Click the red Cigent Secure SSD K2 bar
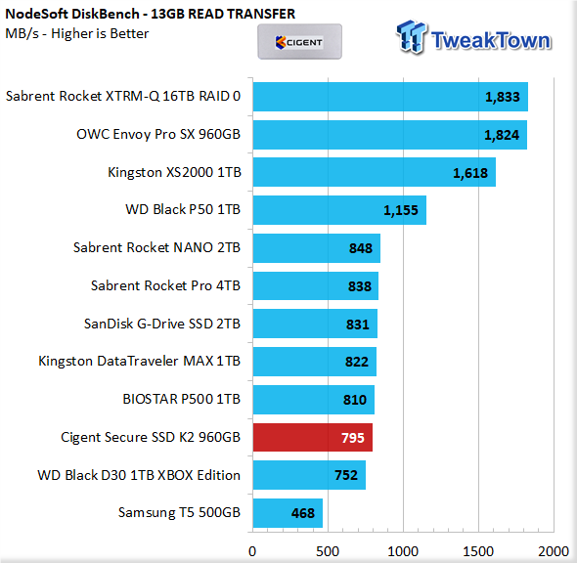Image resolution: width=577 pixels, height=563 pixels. coord(312,437)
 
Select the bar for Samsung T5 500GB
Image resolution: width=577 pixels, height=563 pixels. coord(288,513)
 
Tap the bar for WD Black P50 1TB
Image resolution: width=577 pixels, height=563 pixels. coord(339,210)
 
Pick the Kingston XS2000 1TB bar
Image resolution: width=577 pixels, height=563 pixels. coord(374,172)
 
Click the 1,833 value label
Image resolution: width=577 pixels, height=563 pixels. coord(503,97)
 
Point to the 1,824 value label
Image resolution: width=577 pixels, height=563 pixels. coord(502,135)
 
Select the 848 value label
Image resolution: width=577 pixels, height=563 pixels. coord(361,248)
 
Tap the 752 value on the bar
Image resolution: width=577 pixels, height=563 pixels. coord(346,475)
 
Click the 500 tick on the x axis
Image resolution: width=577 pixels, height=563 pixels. coord(328,551)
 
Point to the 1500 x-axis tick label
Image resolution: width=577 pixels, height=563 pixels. coord(478,551)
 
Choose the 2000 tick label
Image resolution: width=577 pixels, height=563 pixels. coord(554,551)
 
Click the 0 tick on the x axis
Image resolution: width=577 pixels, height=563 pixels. coord(252,551)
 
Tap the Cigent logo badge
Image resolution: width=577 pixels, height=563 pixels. coord(299,42)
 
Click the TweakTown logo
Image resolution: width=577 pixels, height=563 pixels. coord(473,37)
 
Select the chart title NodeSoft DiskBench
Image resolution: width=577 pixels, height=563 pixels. coord(151,14)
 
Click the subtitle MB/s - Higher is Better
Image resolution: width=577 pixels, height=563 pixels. coord(77,33)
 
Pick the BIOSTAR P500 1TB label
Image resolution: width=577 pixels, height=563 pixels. coord(182,399)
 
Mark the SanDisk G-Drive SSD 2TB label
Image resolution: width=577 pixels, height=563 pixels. coord(162,324)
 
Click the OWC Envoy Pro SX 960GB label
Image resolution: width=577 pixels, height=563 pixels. coord(158,134)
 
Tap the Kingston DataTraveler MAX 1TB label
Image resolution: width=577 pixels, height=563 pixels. coord(140,361)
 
